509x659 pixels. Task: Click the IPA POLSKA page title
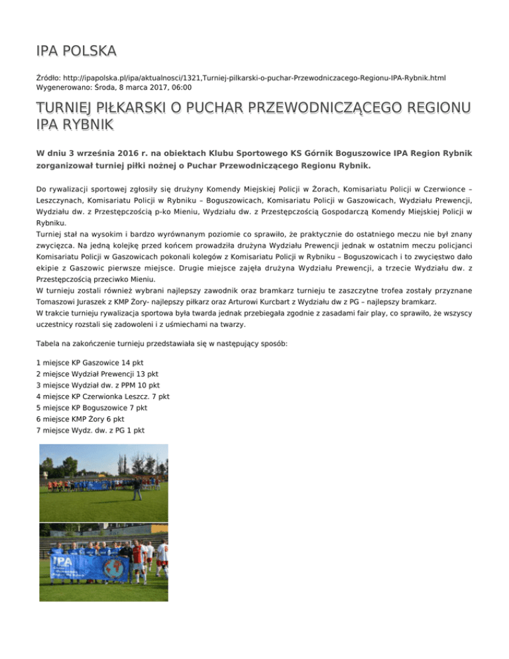[77, 50]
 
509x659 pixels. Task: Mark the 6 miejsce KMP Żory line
[79, 420]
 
